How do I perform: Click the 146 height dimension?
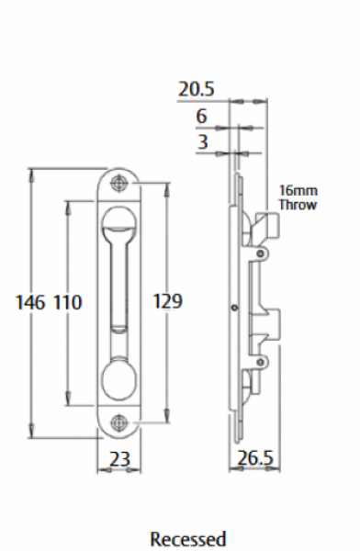[30, 302]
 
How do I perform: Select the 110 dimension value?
[68, 302]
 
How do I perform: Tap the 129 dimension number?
[168, 301]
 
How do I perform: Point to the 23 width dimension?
[119, 459]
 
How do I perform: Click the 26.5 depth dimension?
[255, 458]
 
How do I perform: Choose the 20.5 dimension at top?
[197, 89]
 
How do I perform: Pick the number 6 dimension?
[201, 116]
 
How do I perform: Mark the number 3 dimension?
[202, 142]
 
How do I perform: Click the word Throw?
[298, 205]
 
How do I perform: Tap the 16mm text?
[298, 191]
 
